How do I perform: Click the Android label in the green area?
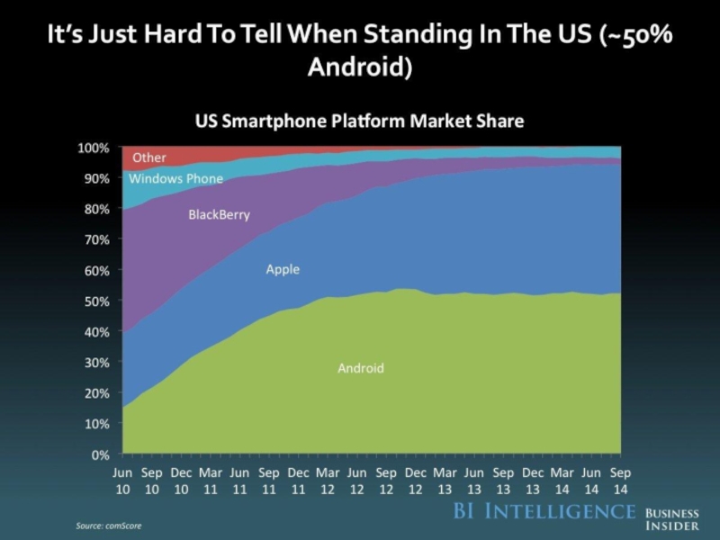tap(361, 368)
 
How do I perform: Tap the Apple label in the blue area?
tap(283, 269)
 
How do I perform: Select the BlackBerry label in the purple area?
tap(219, 215)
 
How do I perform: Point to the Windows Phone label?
tap(175, 178)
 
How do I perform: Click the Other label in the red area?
tap(149, 157)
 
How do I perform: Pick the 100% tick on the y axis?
tap(93, 147)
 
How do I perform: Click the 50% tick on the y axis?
tap(95, 301)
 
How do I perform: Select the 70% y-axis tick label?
tap(95, 239)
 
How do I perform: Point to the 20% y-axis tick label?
tap(95, 393)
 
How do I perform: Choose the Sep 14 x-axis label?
tap(620, 480)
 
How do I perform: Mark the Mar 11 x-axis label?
tap(211, 480)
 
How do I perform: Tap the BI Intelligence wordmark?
tap(543, 511)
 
